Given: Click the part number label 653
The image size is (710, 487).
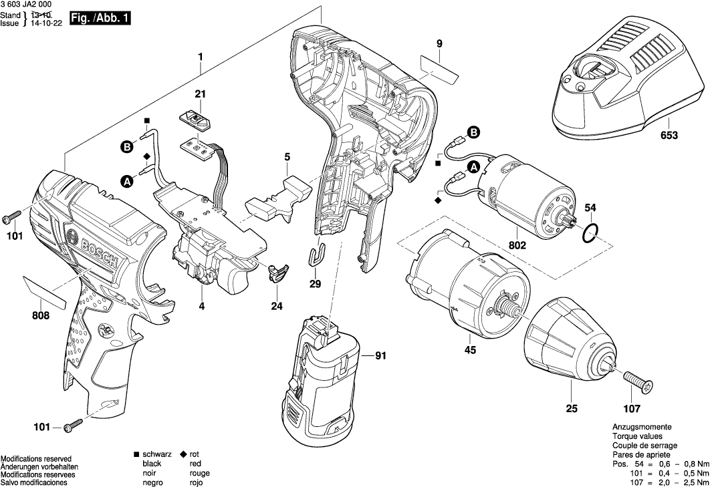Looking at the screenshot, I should (x=669, y=135).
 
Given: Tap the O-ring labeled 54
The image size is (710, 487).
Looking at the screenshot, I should (x=589, y=234).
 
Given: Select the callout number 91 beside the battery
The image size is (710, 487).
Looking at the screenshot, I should (x=380, y=356).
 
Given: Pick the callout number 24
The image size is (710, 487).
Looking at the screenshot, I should (x=277, y=306).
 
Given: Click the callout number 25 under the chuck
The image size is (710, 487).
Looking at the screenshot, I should (x=571, y=408).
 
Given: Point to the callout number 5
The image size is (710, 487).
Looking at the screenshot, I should (x=287, y=157).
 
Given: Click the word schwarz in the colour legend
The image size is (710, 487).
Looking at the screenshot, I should (x=157, y=454).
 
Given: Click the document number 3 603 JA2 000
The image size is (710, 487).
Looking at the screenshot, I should (x=27, y=5).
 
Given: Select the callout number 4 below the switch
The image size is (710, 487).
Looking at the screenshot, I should (x=201, y=307).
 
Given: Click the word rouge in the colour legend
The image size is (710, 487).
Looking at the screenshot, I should (x=199, y=473).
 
